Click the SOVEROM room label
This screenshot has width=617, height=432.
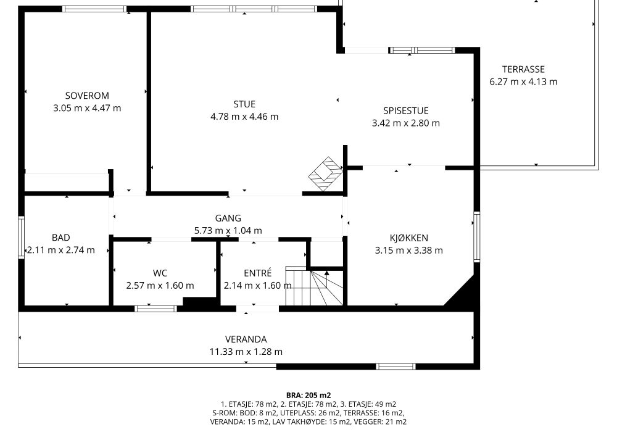click(x=87, y=96)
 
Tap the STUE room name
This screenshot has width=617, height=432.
click(x=244, y=104)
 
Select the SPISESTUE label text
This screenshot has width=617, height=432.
click(x=406, y=111)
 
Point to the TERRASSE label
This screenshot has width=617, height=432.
click(x=523, y=69)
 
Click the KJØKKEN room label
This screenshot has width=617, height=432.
click(x=409, y=238)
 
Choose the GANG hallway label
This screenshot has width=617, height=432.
click(x=228, y=218)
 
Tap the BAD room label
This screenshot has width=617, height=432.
click(x=61, y=238)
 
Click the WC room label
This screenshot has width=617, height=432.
click(x=160, y=273)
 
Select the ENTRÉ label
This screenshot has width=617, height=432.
click(x=258, y=273)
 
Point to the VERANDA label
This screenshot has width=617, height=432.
click(x=246, y=339)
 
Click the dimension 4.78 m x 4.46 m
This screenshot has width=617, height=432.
click(x=244, y=117)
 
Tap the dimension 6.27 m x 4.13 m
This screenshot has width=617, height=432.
click(x=523, y=82)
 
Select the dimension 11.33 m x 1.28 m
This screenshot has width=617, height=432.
click(x=246, y=352)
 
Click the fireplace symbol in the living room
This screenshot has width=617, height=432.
click(x=325, y=174)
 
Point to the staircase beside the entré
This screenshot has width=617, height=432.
click(x=315, y=286)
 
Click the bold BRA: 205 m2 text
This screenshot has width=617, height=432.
click(x=308, y=396)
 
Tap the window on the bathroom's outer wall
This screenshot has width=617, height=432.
click(x=21, y=238)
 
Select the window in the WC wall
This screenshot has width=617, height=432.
click(x=156, y=309)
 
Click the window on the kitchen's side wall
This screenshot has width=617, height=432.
click(x=477, y=237)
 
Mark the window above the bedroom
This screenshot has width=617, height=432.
click(x=94, y=9)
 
